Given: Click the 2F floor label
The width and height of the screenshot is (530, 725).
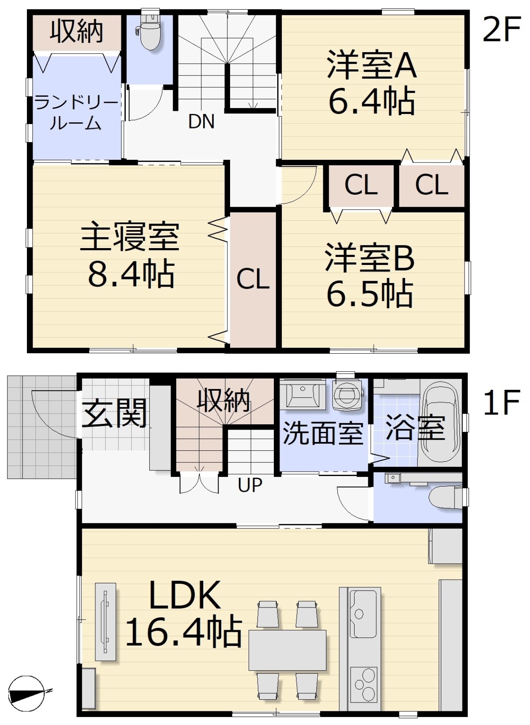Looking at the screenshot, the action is point(501,30).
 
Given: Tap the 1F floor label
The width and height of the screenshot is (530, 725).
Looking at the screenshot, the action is point(501,402).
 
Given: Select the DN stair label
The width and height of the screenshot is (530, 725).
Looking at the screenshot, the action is point(201,122).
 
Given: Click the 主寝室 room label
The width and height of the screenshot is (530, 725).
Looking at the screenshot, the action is point(129,236).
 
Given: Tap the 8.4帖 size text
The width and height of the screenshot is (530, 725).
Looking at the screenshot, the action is point(131,275).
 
